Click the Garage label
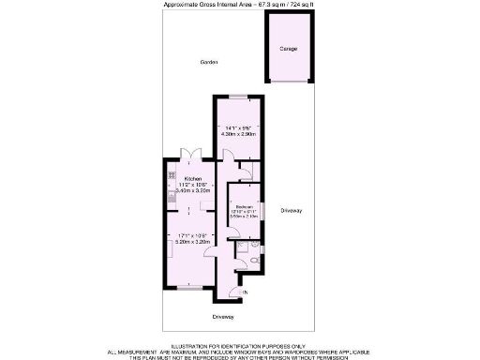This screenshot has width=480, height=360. point(289,49)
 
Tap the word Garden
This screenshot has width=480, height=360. point(208,63)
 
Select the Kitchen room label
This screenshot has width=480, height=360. point(192,178)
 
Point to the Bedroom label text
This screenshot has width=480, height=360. point(244,206)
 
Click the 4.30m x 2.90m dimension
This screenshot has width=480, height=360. point(239,135)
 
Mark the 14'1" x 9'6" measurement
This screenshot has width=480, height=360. point(239,127)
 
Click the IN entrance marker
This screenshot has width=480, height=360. point(246,294)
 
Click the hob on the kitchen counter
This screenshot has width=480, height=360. point(172,175)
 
